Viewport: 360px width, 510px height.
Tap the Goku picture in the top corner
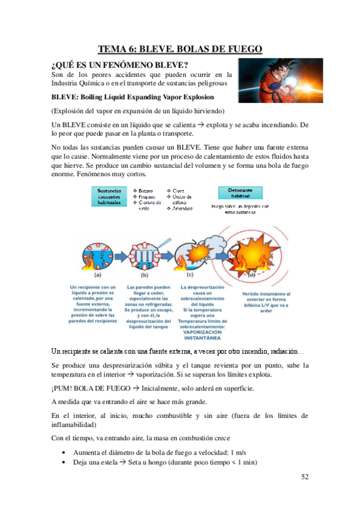point(279,81)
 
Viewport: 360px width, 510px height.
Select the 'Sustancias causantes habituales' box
point(111,197)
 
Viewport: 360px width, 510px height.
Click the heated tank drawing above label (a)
point(95,251)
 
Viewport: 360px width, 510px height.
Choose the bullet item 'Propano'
point(145,197)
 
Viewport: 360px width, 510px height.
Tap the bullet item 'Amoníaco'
point(182,209)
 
